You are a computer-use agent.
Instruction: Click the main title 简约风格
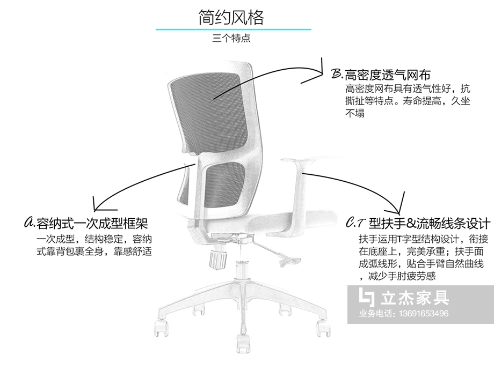[x=231, y=17]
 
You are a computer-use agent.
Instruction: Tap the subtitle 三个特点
[x=231, y=39]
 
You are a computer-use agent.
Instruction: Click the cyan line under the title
[x=233, y=29]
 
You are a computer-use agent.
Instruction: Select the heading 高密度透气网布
[x=388, y=75]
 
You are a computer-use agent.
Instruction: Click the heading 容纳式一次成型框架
[x=92, y=224]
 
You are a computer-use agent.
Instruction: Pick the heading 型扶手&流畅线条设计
[x=430, y=224]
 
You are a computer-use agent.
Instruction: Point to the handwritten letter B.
[x=337, y=73]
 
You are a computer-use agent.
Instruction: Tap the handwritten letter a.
[x=30, y=222]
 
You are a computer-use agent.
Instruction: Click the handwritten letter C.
[x=350, y=223]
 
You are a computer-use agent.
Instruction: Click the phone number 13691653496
[x=424, y=313]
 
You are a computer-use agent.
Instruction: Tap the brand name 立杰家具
[x=415, y=298]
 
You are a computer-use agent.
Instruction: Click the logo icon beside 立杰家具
[x=367, y=297]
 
